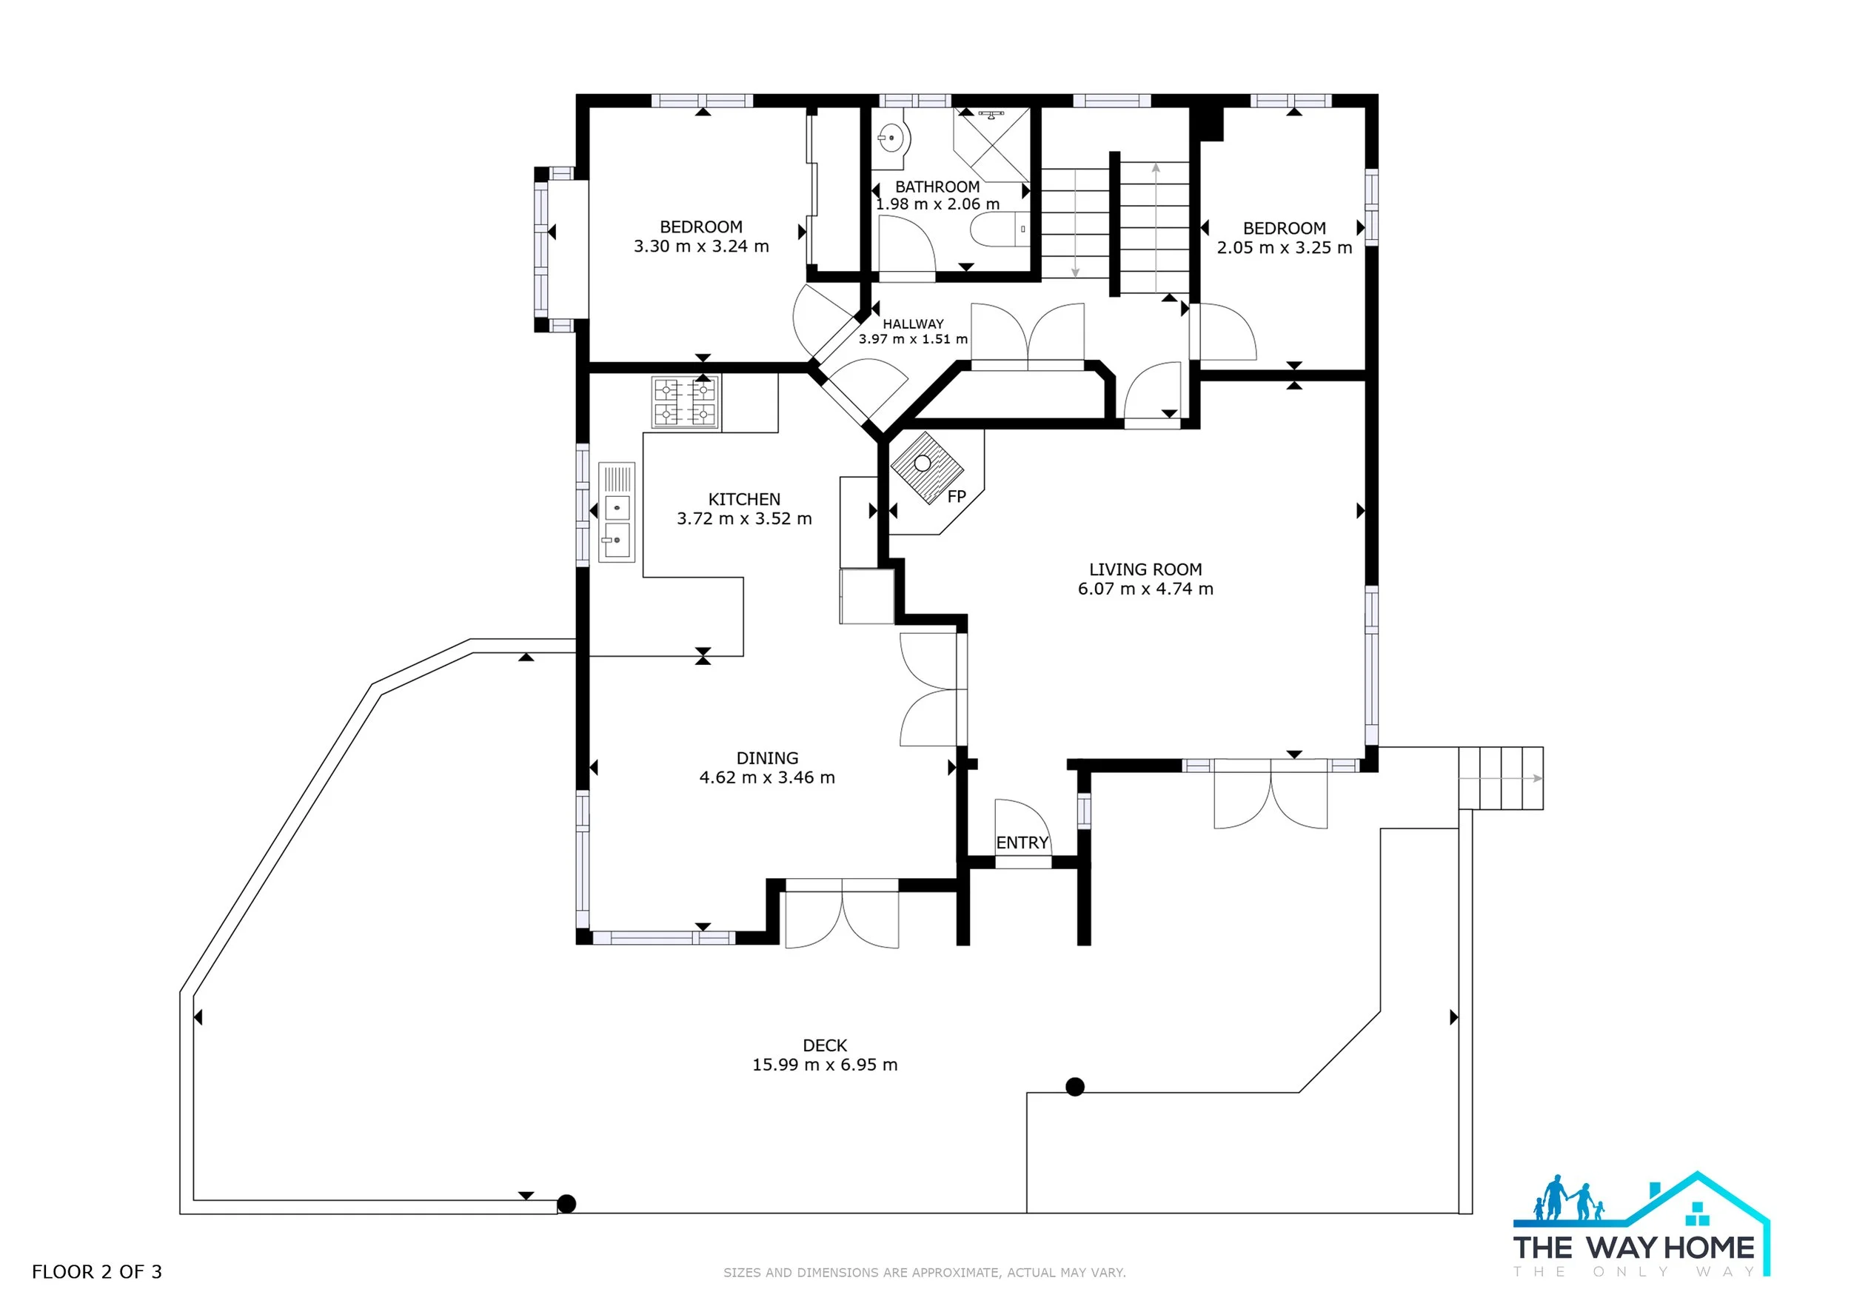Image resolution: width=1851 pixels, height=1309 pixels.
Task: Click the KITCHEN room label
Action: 744,500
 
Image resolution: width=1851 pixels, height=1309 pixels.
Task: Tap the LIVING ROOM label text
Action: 1145,570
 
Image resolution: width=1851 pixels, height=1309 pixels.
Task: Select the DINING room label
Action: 768,758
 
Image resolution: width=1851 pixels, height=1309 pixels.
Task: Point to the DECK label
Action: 825,1045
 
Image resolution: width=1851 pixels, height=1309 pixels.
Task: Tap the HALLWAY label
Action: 913,324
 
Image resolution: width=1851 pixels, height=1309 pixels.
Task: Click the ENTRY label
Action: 1022,843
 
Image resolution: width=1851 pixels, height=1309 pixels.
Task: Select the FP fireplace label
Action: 957,497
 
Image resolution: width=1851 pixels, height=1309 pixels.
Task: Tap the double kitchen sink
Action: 617,512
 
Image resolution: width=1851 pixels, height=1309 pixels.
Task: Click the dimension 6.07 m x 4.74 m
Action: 1145,589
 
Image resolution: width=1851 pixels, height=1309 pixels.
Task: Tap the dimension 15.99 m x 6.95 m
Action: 825,1065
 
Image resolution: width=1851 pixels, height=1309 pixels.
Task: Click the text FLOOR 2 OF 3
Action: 97,1272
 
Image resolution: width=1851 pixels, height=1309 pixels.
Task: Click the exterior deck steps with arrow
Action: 1500,778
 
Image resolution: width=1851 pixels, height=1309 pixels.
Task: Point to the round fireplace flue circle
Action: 923,463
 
